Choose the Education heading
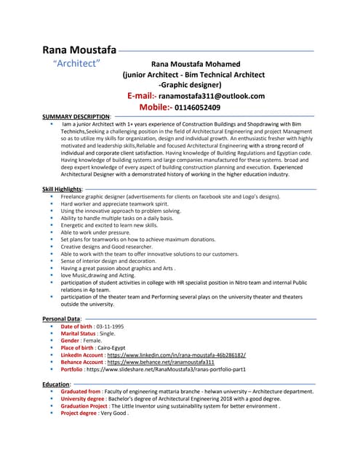[x=57, y=383]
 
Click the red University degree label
[x=85, y=398]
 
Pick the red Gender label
[x=70, y=341]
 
